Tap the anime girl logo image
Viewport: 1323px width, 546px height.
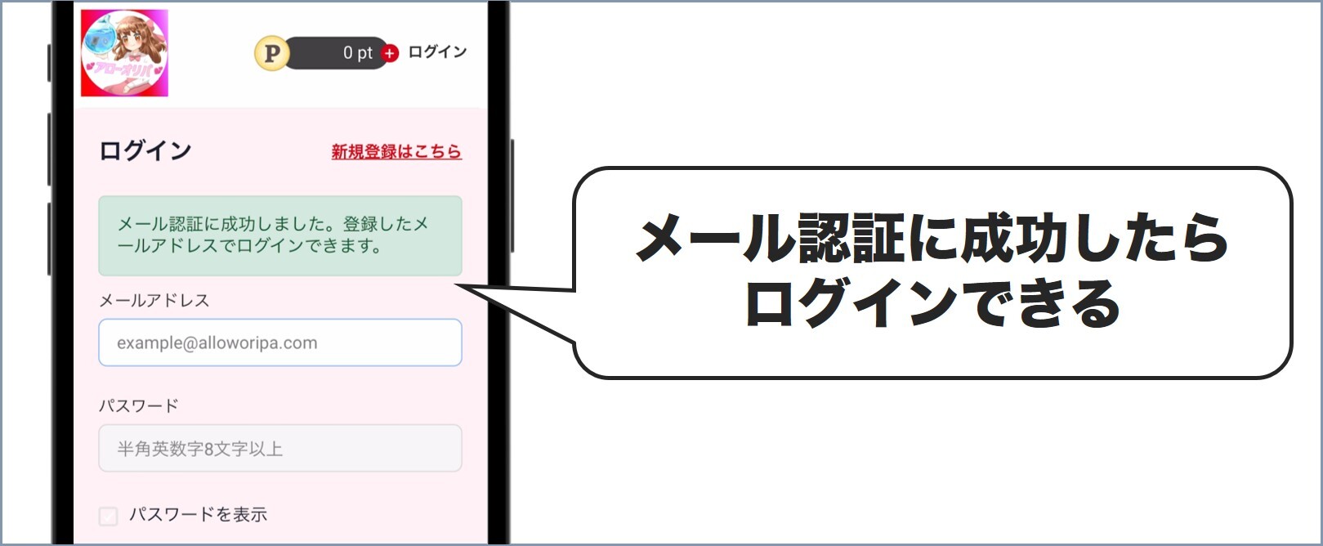click(x=124, y=53)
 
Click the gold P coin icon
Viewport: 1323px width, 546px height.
click(x=271, y=54)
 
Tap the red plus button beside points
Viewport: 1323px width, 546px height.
click(x=390, y=53)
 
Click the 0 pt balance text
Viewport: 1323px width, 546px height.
click(x=357, y=53)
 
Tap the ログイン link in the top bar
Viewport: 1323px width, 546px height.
click(x=437, y=52)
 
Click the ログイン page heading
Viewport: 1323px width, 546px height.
click(x=145, y=151)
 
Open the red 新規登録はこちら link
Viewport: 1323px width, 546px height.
click(x=396, y=151)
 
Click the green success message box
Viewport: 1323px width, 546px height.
click(x=280, y=235)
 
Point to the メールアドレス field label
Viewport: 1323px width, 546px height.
click(x=154, y=301)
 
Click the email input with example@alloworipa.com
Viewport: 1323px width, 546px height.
click(x=280, y=342)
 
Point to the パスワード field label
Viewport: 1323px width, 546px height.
click(x=139, y=405)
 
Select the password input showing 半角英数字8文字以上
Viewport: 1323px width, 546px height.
click(x=280, y=448)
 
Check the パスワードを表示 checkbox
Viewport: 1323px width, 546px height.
click(x=108, y=516)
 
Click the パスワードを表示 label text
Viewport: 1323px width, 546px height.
click(x=199, y=515)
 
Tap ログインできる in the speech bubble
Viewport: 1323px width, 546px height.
click(x=932, y=303)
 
